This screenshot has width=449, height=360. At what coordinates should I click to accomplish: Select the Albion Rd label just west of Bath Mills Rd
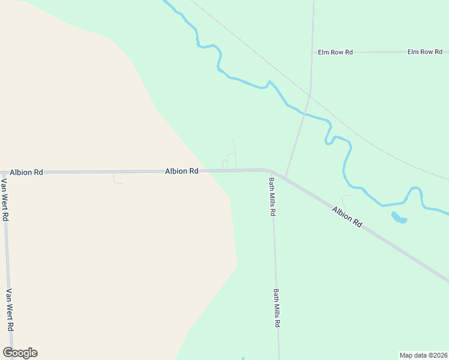(181, 171)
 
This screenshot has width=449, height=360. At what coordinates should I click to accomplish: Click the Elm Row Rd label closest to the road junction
(334, 52)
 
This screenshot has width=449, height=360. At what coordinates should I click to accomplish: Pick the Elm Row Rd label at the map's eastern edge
(424, 52)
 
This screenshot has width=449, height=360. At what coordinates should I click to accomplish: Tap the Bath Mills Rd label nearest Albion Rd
(272, 196)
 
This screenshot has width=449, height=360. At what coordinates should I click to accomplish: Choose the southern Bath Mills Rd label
(277, 308)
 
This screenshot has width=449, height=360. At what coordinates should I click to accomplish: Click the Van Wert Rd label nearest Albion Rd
(4, 200)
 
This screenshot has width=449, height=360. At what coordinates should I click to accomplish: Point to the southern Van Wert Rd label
(10, 310)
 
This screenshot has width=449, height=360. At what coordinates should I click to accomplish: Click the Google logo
(20, 353)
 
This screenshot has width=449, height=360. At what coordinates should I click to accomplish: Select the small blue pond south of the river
(399, 218)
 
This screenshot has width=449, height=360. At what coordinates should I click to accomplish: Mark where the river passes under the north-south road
(304, 113)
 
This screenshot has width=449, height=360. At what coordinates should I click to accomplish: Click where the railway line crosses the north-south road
(310, 94)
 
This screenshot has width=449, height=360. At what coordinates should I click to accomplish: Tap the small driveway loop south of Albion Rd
(117, 179)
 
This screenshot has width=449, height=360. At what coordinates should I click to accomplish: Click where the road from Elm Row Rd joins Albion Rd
(285, 178)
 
